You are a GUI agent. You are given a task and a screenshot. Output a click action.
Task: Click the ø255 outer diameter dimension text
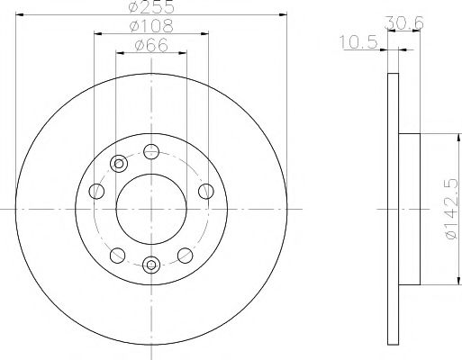(151, 9)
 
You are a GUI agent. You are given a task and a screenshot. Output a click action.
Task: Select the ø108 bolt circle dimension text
(151, 29)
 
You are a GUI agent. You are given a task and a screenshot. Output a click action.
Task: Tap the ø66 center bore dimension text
(151, 47)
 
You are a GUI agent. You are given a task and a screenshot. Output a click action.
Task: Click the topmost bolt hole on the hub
(151, 150)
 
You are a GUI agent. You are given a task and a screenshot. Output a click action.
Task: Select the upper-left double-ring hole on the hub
(118, 164)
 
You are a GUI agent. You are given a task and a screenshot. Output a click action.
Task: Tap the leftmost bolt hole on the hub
(96, 190)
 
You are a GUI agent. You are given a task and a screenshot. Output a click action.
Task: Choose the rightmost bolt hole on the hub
(206, 190)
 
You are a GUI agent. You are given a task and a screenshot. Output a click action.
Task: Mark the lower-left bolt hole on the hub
(115, 255)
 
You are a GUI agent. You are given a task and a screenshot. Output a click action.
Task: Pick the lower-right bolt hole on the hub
(186, 255)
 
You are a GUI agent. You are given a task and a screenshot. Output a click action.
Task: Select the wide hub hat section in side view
(408, 210)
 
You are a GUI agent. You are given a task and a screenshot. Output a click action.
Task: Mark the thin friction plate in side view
(393, 210)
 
